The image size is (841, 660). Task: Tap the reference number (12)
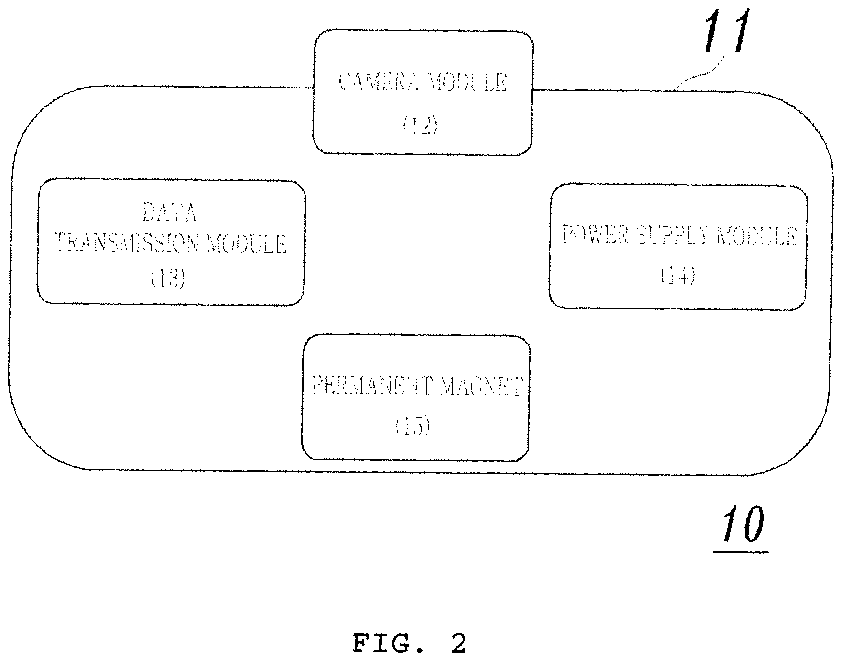[420, 126]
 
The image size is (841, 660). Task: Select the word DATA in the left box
[170, 213]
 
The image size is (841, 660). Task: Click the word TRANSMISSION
[127, 243]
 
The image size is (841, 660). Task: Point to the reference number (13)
[168, 279]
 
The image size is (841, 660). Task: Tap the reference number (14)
[678, 275]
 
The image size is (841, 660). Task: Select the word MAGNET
[481, 386]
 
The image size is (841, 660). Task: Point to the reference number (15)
[412, 425]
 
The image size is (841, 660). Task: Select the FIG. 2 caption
[409, 644]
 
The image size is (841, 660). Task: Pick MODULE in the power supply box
[757, 236]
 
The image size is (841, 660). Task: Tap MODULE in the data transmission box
[246, 244]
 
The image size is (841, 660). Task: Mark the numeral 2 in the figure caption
[458, 644]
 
